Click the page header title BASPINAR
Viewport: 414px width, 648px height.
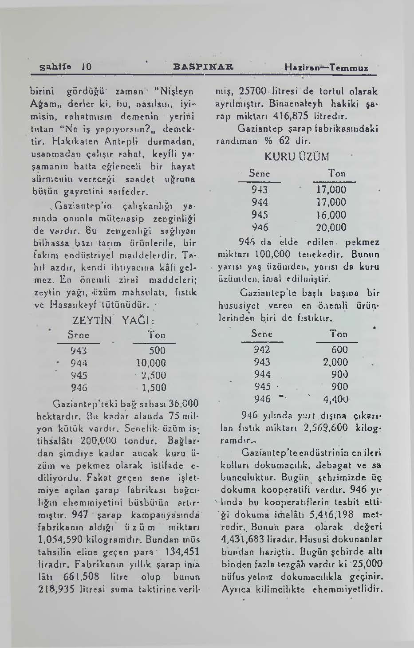pos(204,67)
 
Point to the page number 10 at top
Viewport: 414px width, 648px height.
pos(87,67)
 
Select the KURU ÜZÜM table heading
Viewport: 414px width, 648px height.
pos(296,157)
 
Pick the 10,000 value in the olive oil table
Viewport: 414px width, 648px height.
pos(151,363)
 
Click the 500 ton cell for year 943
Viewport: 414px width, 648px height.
pos(157,350)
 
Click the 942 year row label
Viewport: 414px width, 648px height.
pos(262,350)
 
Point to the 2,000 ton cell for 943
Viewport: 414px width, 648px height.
pos(335,362)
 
